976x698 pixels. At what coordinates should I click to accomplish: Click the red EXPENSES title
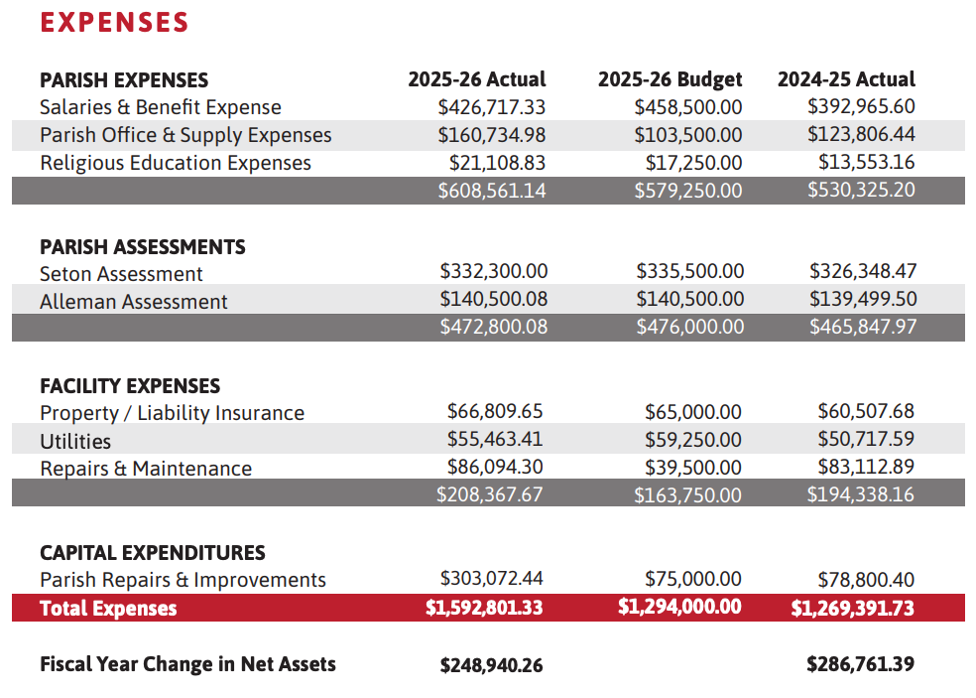tap(114, 23)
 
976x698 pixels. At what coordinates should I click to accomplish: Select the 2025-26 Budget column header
tap(670, 79)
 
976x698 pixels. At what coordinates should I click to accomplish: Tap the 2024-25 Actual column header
tap(846, 79)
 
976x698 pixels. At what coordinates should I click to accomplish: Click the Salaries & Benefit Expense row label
tap(161, 107)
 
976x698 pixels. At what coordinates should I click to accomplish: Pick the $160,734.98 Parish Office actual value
tap(492, 135)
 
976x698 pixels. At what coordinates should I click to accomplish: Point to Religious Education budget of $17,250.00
tap(693, 163)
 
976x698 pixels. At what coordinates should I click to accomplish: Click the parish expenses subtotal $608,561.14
tap(492, 190)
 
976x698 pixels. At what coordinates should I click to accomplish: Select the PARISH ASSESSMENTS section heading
tap(143, 247)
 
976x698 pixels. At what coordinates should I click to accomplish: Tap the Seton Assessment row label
tap(121, 274)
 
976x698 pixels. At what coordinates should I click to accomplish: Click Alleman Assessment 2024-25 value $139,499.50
tap(863, 299)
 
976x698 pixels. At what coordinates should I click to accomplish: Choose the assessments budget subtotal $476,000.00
tap(689, 327)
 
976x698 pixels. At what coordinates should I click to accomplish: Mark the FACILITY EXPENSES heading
tap(130, 386)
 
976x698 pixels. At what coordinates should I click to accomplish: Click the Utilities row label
tap(75, 441)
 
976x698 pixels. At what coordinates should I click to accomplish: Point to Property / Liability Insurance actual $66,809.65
tap(495, 411)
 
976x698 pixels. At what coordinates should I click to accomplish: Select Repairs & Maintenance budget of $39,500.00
tap(692, 468)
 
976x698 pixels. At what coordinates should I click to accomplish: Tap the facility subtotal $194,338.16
tap(860, 494)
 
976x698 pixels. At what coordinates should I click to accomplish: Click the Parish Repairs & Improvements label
tap(183, 580)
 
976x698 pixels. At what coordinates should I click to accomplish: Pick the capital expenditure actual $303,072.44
tap(491, 578)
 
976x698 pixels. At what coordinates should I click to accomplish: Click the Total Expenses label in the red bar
tap(108, 609)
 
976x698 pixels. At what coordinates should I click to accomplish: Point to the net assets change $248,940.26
tap(491, 665)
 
